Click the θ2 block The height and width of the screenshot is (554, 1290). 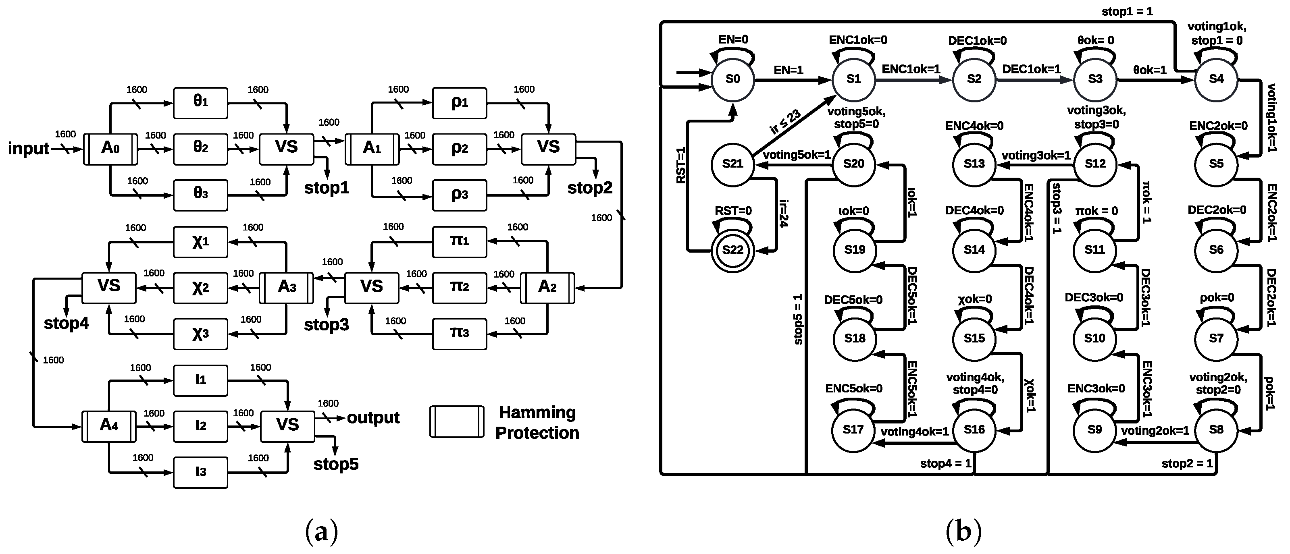pos(200,149)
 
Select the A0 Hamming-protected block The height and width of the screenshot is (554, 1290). pos(110,149)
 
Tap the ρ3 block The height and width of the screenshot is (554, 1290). pos(459,195)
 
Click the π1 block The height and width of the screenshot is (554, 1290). pos(459,242)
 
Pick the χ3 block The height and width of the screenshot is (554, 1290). pos(200,334)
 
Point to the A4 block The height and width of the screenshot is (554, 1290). pos(109,426)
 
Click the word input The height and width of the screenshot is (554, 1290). pos(29,149)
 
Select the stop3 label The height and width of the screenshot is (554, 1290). pos(326,325)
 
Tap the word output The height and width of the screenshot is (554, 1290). pos(373,417)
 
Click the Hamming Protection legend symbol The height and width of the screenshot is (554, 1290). pos(456,422)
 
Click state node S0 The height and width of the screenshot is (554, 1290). pos(732,79)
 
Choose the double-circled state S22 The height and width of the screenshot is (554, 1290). pos(732,250)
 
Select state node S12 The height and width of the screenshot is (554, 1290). pos(1095,164)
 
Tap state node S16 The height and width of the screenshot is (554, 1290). pos(974,430)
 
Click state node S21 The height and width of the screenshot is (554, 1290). pos(732,164)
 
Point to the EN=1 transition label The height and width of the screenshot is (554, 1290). pos(788,70)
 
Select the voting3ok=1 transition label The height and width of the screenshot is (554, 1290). pos(1036,156)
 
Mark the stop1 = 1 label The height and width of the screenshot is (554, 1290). pos(1127,11)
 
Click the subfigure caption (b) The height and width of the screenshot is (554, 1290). pos(963,531)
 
